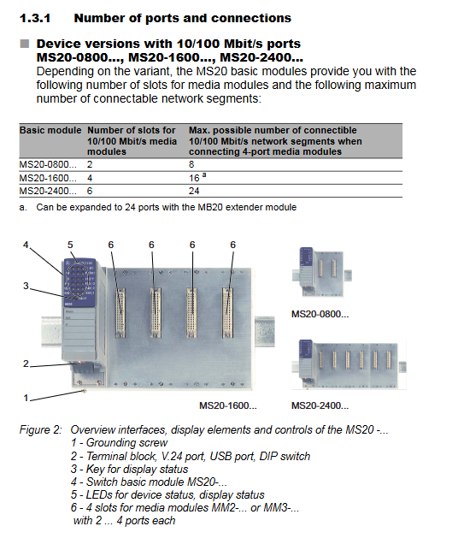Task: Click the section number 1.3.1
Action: [x=35, y=18]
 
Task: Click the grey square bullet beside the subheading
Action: [x=25, y=44]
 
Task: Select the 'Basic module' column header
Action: [x=50, y=130]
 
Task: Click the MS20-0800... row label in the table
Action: [x=48, y=164]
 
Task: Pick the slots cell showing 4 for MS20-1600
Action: [x=90, y=178]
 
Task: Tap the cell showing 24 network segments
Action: [x=194, y=191]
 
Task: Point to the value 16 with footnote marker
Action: [x=197, y=178]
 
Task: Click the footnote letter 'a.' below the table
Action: [x=23, y=208]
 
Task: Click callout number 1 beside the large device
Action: [x=26, y=398]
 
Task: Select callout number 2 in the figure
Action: [x=26, y=364]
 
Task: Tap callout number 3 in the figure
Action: [x=26, y=286]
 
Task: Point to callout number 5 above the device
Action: [x=70, y=245]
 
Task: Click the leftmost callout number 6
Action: [x=110, y=245]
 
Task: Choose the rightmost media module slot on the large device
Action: [x=227, y=312]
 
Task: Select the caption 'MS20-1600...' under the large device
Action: [x=228, y=405]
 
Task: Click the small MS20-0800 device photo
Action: [x=321, y=272]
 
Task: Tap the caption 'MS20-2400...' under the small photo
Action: [x=320, y=405]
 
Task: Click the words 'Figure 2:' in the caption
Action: [x=40, y=430]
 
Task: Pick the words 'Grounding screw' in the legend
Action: [x=126, y=443]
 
